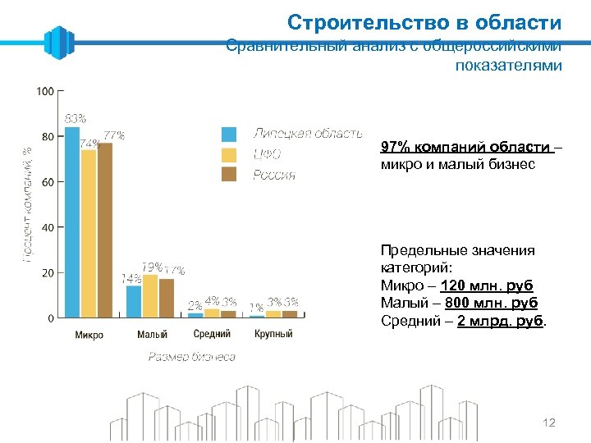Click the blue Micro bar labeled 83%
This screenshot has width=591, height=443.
coord(72,221)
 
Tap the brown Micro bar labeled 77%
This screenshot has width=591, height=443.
coord(104,230)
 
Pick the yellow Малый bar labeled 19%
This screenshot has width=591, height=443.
coord(150,296)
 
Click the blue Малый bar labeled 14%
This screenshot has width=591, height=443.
coord(134,301)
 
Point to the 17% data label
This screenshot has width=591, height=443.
coord(175,270)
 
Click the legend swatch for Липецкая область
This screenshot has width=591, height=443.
coord(230,134)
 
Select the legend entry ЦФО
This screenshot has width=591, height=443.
coord(267,154)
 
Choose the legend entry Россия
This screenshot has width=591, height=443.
coord(273,175)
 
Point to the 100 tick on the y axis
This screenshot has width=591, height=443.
coord(46,91)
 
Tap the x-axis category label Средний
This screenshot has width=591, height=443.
coord(212,334)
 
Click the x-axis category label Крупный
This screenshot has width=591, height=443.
coord(273,334)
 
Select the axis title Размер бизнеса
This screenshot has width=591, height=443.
coord(191,357)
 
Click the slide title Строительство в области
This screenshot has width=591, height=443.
coord(424,22)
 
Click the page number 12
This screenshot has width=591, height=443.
coord(549,422)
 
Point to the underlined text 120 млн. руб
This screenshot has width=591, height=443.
coord(487,285)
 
